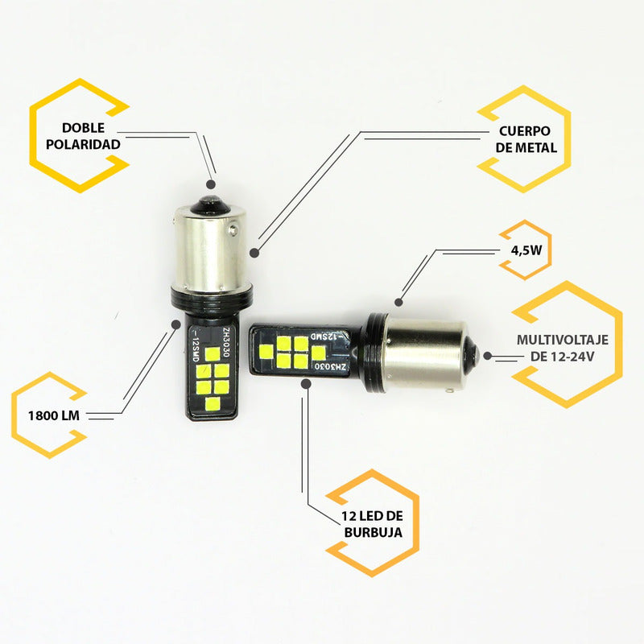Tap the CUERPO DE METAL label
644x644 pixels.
point(523,139)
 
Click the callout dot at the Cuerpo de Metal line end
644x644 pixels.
point(254,253)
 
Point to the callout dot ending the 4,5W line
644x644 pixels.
point(398,303)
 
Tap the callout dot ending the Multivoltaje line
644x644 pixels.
point(487,355)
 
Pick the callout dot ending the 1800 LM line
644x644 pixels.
point(176,324)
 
